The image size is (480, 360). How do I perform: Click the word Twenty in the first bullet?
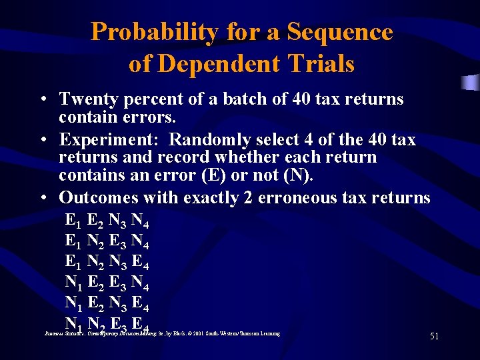click(x=87, y=100)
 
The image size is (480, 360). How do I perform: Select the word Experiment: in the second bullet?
click(x=109, y=140)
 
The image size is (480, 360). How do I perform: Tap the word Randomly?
click(x=207, y=140)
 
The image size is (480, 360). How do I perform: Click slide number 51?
click(x=434, y=337)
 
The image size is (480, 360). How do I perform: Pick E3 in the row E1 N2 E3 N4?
click(x=119, y=240)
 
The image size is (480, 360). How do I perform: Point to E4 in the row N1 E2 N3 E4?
click(x=140, y=304)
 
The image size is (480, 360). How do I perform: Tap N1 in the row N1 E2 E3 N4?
click(x=74, y=283)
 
